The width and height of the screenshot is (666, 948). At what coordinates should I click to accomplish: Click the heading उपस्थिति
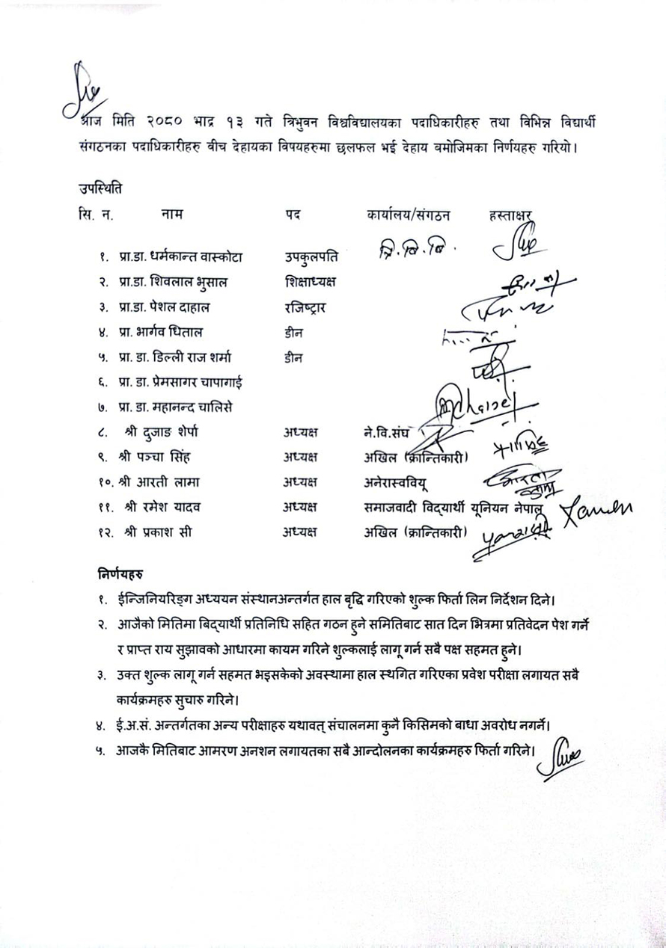[x=100, y=185]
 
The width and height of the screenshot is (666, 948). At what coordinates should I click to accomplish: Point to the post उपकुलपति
[x=311, y=259]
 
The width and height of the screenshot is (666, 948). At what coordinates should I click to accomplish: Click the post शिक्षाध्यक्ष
[x=307, y=283]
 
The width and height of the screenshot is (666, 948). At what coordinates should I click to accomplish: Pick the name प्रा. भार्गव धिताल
[x=160, y=333]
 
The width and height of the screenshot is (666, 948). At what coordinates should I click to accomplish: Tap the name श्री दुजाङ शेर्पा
[x=162, y=432]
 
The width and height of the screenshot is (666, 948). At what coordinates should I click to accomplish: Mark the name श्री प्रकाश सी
[x=156, y=532]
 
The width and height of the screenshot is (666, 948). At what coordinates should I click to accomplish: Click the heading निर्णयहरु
[x=120, y=575]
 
